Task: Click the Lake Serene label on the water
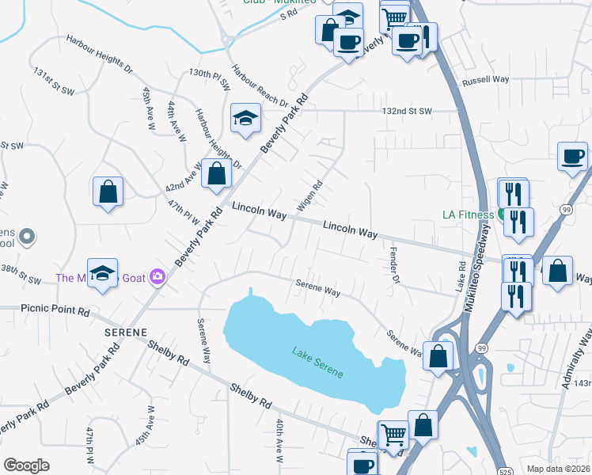[x=317, y=362]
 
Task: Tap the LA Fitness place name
[x=468, y=214]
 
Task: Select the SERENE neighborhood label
[x=127, y=333]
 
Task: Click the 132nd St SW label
[x=407, y=111]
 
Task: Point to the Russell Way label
[x=485, y=80]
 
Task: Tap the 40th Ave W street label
[x=279, y=441]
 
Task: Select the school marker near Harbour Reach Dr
[x=245, y=119]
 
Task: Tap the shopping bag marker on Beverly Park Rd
[x=215, y=174]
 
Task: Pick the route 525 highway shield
[x=504, y=471]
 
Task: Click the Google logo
[x=26, y=465]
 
